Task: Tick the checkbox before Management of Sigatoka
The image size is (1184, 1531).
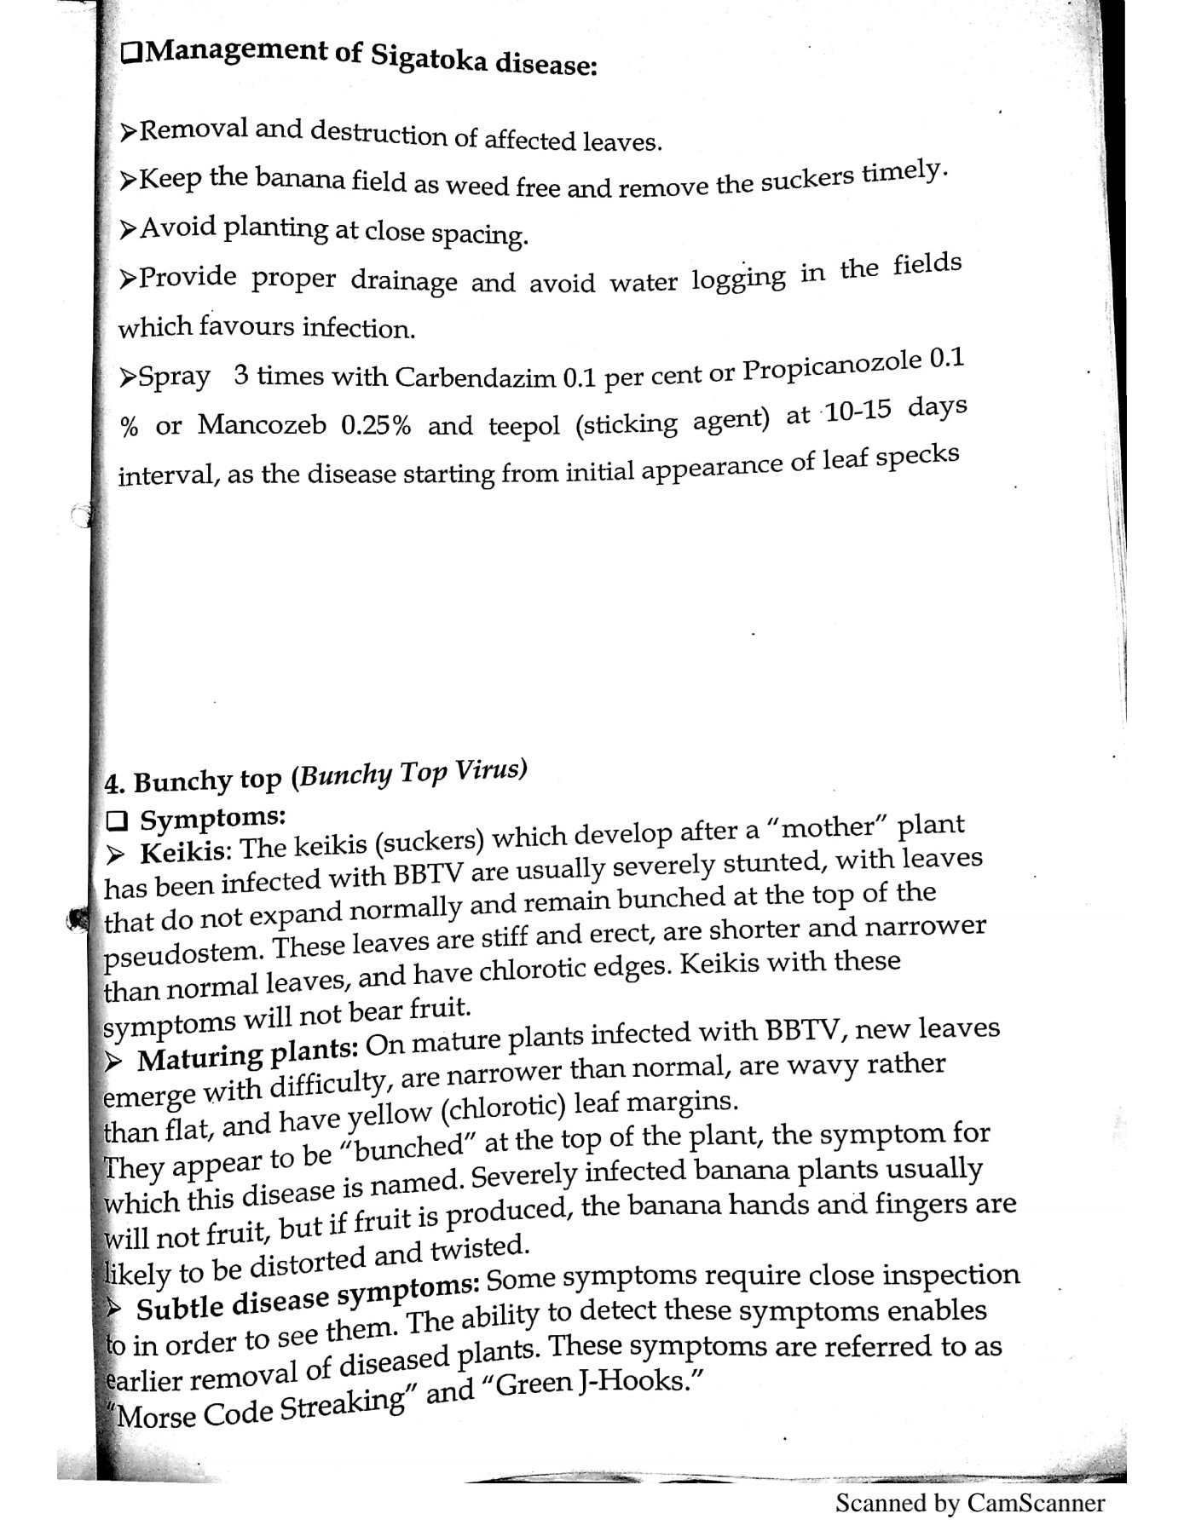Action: [132, 53]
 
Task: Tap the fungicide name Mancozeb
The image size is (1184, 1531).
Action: [262, 424]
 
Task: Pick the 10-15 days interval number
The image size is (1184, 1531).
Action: [858, 412]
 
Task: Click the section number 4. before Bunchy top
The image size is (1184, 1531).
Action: [114, 783]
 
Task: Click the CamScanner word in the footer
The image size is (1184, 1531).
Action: [1035, 1503]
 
